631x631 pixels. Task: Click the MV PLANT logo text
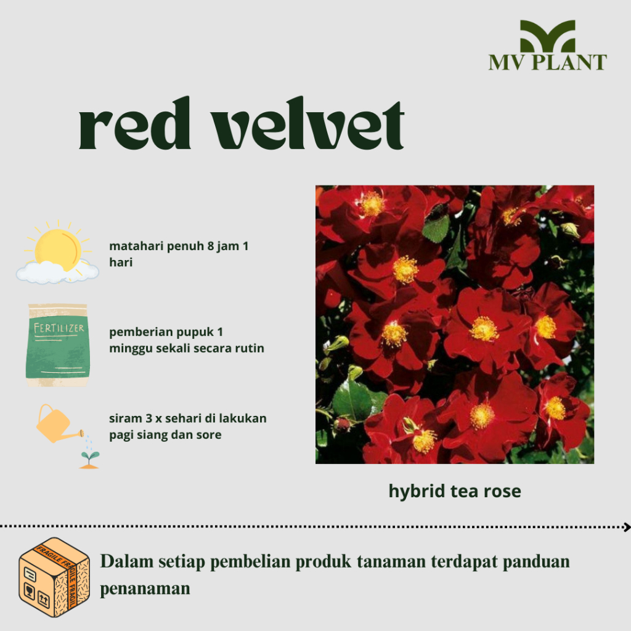pos(548,62)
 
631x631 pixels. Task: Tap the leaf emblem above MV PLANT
pos(548,36)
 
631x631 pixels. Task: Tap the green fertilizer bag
pos(57,345)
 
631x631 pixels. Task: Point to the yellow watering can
pos(55,423)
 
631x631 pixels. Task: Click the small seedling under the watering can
pos(90,460)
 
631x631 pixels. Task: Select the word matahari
pos(133,246)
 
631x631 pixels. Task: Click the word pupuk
pos(192,332)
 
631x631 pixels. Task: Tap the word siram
pos(123,418)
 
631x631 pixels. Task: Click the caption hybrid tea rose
pos(455,491)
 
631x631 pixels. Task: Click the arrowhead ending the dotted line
pos(627,527)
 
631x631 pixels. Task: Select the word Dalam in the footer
pos(122,562)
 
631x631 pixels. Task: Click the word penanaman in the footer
pos(145,588)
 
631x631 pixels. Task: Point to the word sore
pos(209,434)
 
